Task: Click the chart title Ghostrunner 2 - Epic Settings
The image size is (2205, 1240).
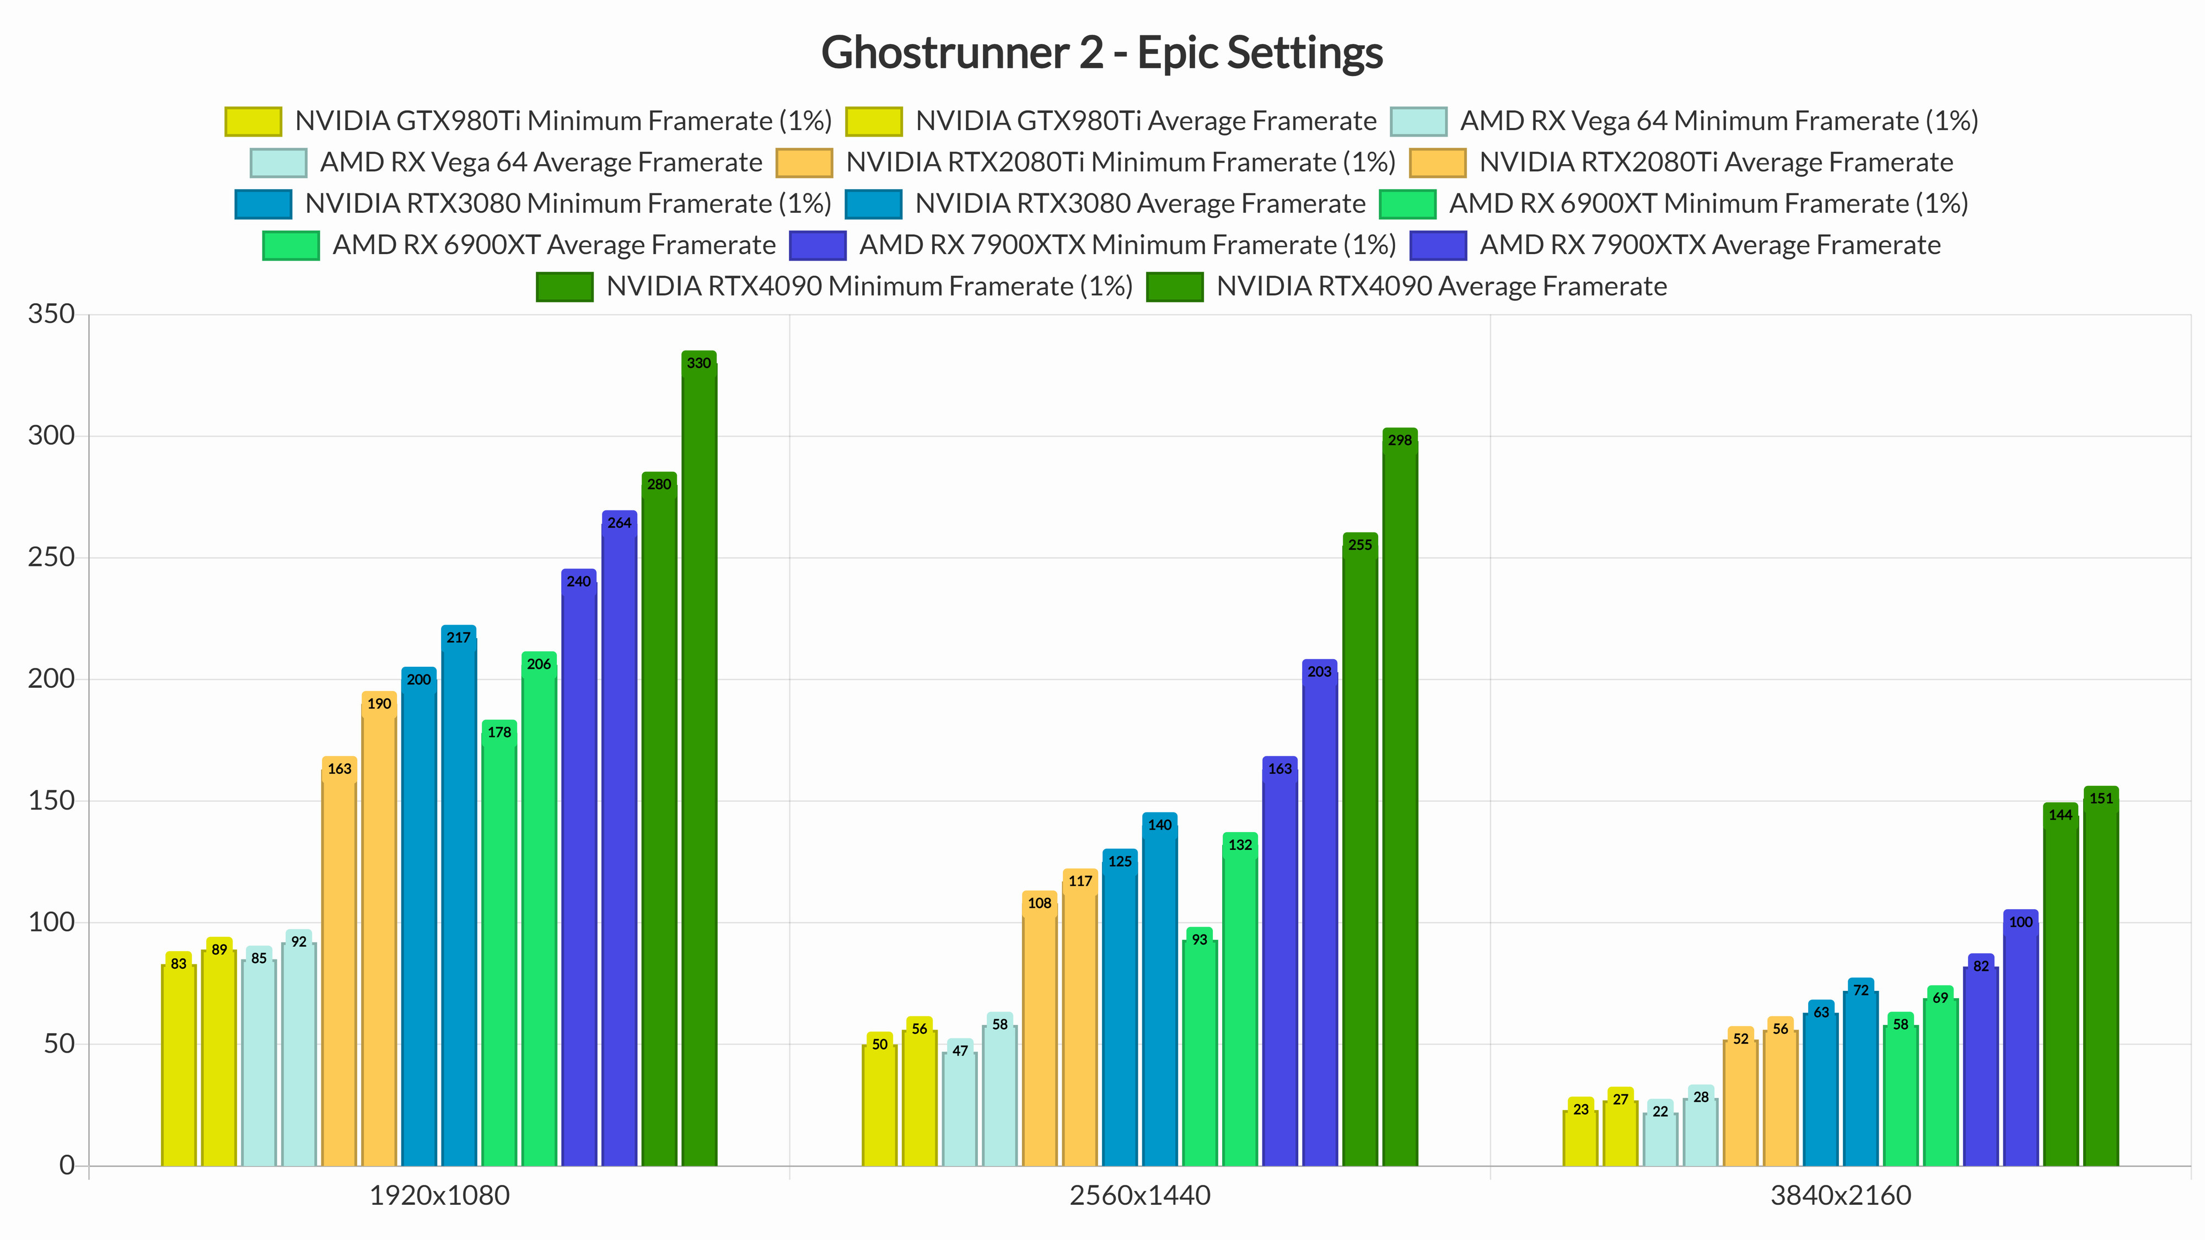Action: point(1101,52)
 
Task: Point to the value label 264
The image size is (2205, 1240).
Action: point(619,523)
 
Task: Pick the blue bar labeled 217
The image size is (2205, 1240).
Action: point(459,898)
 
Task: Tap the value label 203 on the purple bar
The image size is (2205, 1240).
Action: point(1319,672)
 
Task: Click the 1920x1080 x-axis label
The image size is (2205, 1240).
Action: point(439,1195)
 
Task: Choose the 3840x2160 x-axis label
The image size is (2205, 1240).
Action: point(1841,1195)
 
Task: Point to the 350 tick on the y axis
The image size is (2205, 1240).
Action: point(51,314)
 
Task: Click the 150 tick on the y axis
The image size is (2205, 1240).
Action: point(51,801)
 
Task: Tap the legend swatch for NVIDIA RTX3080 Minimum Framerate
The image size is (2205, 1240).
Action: point(263,204)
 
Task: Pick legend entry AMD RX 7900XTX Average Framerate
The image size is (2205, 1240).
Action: point(1709,245)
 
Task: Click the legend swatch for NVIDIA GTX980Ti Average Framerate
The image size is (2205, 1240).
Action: point(873,121)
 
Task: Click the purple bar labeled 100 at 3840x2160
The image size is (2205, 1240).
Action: point(2020,1044)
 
